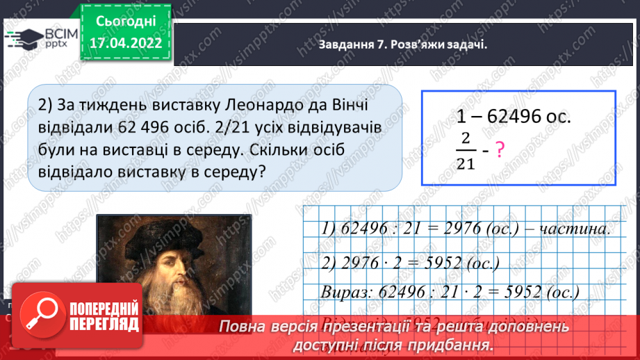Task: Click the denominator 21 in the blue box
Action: [x=465, y=164]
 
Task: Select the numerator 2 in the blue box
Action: [x=465, y=138]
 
